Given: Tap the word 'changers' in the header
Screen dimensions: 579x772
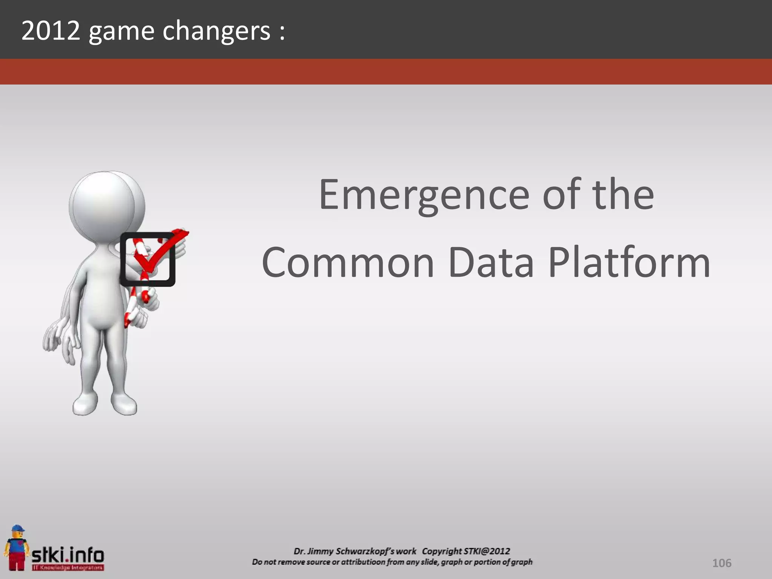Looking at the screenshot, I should [x=216, y=31].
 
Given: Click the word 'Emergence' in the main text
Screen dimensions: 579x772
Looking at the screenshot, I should [x=424, y=195].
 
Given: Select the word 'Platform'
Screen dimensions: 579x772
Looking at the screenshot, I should [x=629, y=262].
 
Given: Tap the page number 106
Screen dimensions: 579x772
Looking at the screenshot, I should [x=721, y=563].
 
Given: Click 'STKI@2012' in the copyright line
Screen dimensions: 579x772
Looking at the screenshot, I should [x=487, y=551].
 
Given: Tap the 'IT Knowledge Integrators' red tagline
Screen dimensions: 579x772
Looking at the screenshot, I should [x=68, y=567].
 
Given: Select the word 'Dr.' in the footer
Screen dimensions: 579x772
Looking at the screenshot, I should [x=300, y=551].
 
